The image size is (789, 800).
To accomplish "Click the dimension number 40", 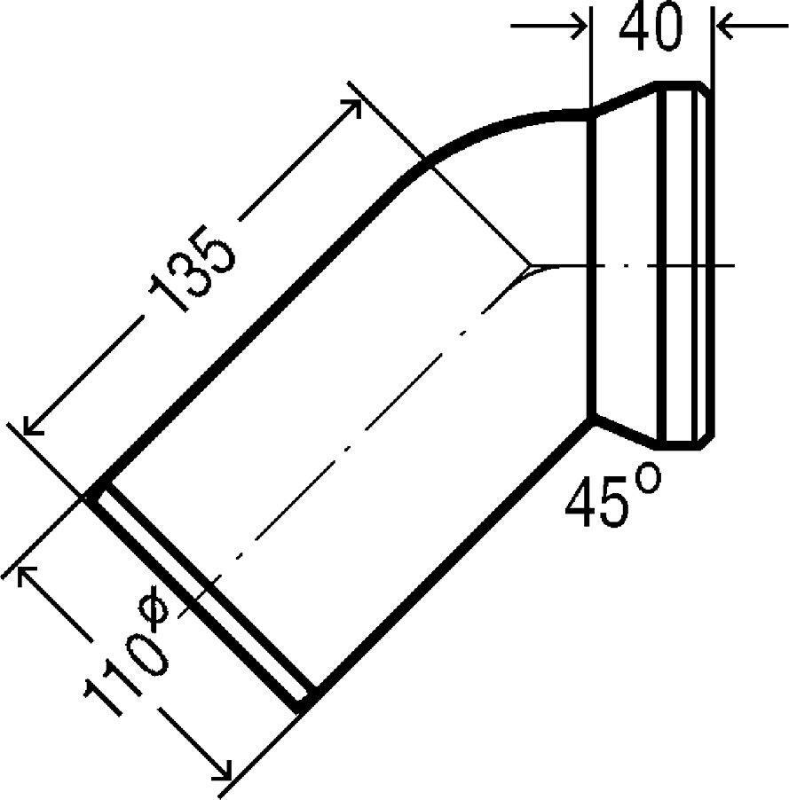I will [x=651, y=30].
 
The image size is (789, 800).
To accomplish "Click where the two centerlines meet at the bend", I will [x=530, y=264].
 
